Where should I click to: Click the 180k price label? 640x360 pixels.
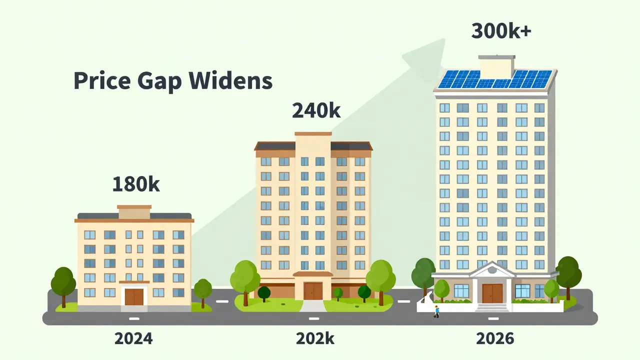(x=136, y=184)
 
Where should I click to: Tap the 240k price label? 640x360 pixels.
(x=316, y=110)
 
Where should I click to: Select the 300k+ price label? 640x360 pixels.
(x=501, y=31)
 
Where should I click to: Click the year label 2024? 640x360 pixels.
(x=133, y=338)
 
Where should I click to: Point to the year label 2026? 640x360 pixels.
(x=495, y=338)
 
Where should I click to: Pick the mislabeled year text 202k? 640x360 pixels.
(x=315, y=338)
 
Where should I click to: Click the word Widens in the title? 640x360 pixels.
(x=230, y=80)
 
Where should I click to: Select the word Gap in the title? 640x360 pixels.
(x=159, y=82)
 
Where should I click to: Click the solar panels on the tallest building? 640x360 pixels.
(x=495, y=79)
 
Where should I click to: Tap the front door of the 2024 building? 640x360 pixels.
(x=134, y=297)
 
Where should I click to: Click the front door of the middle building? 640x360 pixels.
(x=313, y=291)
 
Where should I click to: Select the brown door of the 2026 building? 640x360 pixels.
(x=492, y=293)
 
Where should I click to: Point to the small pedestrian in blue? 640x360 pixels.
(x=436, y=311)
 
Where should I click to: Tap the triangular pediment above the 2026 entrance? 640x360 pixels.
(x=492, y=269)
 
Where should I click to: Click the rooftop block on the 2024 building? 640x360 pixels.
(x=134, y=212)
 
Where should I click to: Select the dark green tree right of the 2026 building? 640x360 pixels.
(x=568, y=277)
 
